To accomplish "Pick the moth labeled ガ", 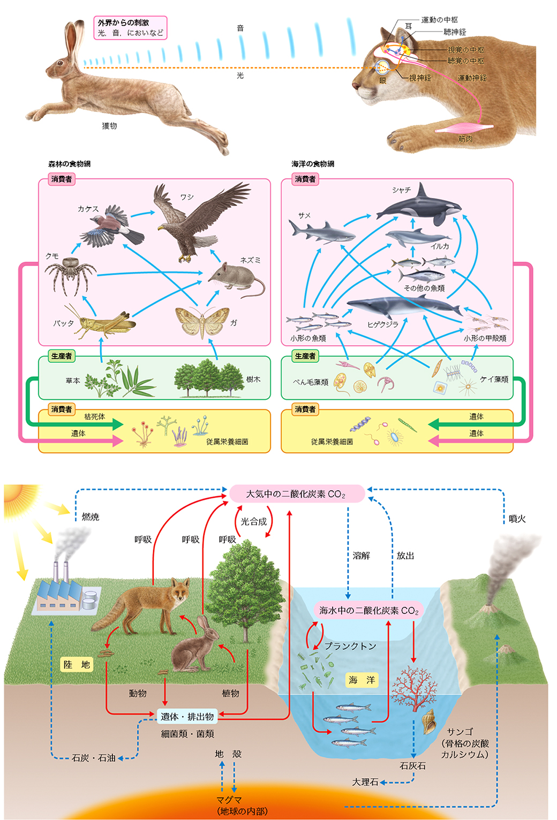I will coord(202,321).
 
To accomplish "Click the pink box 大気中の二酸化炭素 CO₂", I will coord(297,493).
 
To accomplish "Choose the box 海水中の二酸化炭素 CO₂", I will coord(368,610).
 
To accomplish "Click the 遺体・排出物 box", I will coord(187,716).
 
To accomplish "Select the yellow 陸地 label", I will coord(77,665).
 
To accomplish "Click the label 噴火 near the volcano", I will coord(517,519).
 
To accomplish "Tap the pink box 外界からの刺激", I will coord(131,27).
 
